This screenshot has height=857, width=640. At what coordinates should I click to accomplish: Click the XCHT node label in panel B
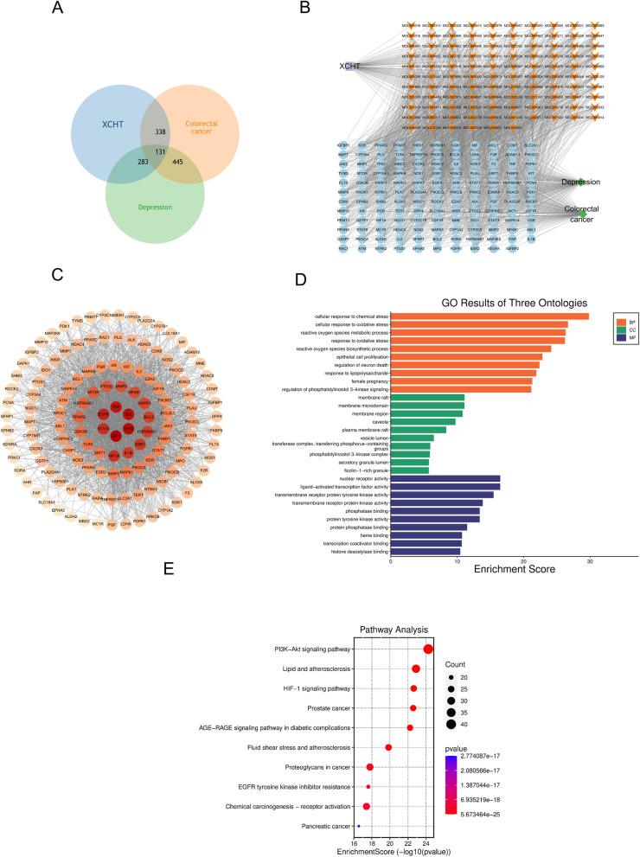click(x=349, y=66)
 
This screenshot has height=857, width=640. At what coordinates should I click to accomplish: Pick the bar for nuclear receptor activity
click(x=445, y=478)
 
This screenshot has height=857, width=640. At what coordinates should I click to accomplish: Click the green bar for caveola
click(x=423, y=421)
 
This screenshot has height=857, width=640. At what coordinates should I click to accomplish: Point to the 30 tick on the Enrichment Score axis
click(x=589, y=561)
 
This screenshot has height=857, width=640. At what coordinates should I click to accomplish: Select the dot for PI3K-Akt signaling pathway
click(x=428, y=649)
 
